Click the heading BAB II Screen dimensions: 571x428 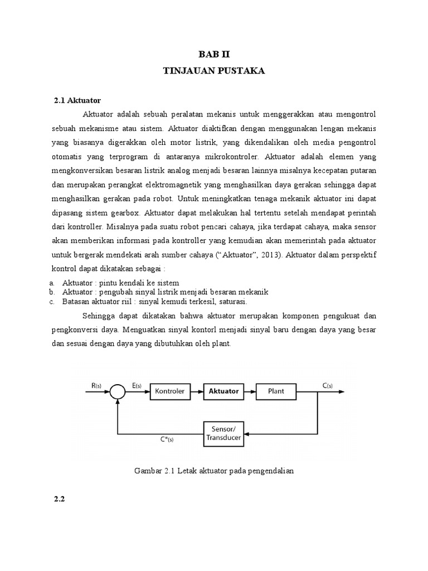coord(214,54)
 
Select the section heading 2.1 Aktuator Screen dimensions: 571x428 coord(77,101)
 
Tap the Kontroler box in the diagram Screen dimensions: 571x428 coord(171,391)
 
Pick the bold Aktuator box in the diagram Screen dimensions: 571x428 coord(223,391)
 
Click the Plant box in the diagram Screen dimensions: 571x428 coord(276,391)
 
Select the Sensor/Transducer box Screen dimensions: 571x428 coord(223,433)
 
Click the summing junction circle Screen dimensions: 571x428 coord(116,392)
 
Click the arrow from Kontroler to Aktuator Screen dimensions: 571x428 coord(197,391)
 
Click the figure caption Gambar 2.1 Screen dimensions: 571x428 coord(214,471)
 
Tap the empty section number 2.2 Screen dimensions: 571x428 coord(60,499)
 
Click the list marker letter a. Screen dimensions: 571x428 coord(51,283)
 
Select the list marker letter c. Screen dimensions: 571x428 coord(51,302)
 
